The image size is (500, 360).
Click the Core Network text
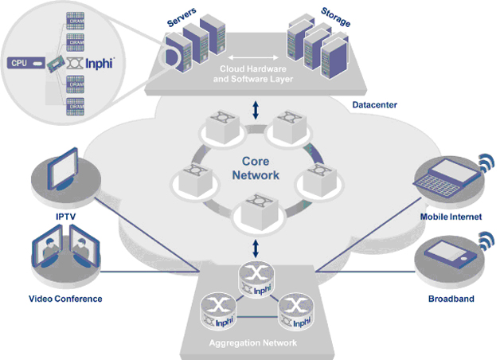pos(256,168)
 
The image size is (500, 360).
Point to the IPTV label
pos(64,216)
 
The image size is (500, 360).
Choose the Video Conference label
pos(65,299)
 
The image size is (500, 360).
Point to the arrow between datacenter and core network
pos(255,111)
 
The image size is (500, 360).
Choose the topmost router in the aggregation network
pos(255,276)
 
